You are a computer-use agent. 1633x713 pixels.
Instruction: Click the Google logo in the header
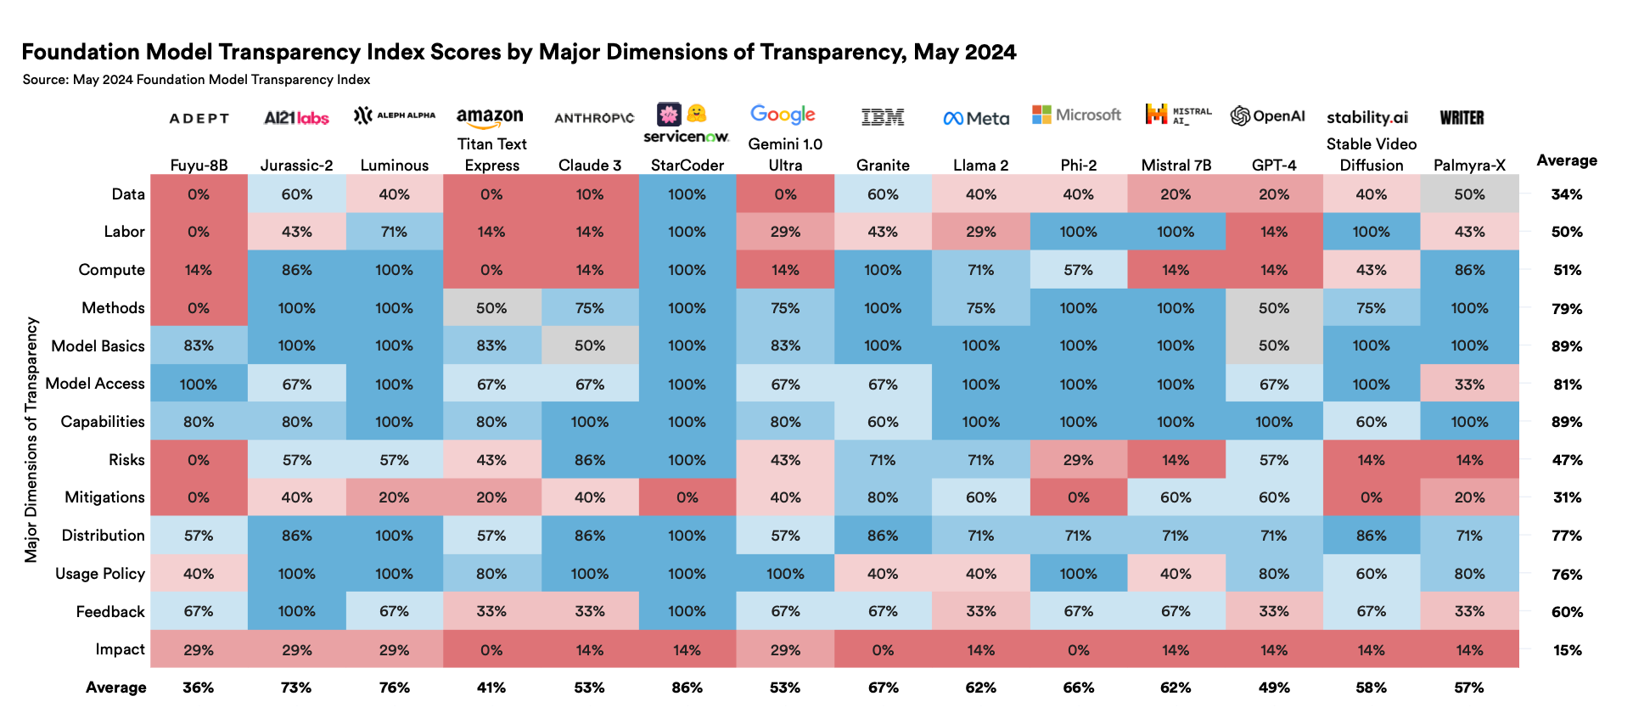click(x=783, y=115)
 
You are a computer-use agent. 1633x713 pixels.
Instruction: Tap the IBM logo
click(x=883, y=117)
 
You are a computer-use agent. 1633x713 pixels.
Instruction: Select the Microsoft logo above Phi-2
click(x=1076, y=115)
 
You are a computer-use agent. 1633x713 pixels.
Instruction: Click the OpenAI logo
click(x=1268, y=116)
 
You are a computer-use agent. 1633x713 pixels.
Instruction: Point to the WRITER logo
click(x=1462, y=117)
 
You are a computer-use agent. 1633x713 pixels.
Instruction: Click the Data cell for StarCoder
click(x=687, y=194)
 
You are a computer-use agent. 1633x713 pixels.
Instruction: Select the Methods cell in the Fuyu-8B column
click(x=199, y=307)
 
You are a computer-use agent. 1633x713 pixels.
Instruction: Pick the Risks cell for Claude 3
click(x=590, y=459)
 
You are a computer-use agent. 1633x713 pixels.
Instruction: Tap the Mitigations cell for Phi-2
click(x=1079, y=497)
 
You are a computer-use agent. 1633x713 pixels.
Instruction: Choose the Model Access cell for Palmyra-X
click(x=1470, y=384)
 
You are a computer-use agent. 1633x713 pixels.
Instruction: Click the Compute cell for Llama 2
click(x=981, y=270)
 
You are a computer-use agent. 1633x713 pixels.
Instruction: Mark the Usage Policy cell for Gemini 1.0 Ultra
click(x=786, y=573)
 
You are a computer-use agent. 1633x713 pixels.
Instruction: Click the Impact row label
click(x=120, y=649)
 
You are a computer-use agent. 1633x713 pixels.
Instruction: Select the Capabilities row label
click(x=103, y=422)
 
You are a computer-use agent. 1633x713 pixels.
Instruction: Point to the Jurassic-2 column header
click(x=296, y=165)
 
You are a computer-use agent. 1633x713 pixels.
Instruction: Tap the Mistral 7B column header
click(x=1176, y=165)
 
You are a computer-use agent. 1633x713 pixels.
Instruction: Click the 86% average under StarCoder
click(x=687, y=688)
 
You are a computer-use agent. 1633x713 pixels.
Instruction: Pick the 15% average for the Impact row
click(x=1567, y=650)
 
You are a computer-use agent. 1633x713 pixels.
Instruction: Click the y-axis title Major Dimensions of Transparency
click(x=31, y=440)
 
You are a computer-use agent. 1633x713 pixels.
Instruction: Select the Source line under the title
click(x=196, y=80)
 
